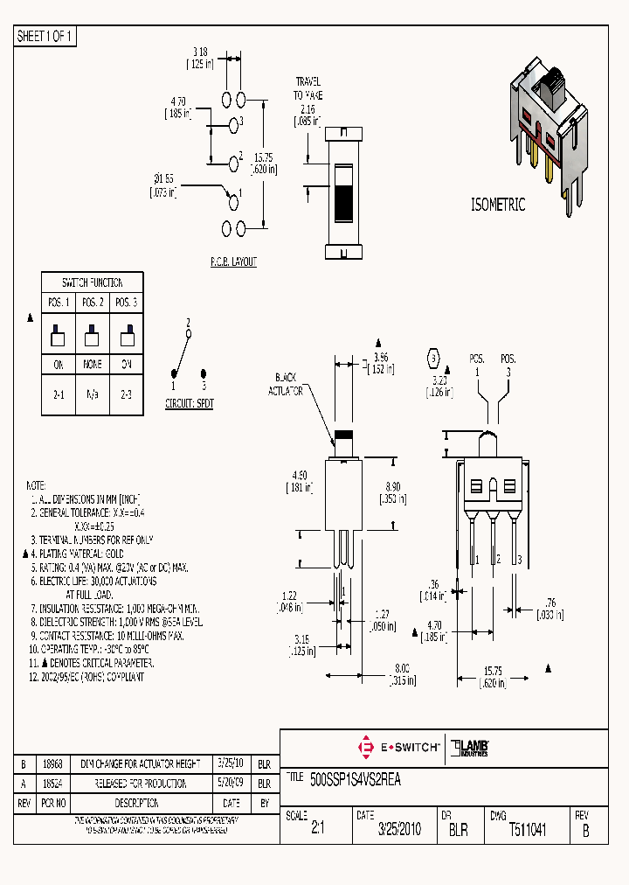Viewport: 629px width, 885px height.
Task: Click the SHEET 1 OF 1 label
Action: click(x=46, y=37)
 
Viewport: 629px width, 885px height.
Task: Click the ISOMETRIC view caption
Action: click(x=498, y=205)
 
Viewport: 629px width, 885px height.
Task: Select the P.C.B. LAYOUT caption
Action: click(x=233, y=261)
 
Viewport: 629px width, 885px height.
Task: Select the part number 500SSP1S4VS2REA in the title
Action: click(x=355, y=779)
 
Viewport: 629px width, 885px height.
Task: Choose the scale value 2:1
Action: click(x=318, y=830)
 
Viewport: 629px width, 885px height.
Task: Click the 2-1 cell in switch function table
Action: click(x=59, y=394)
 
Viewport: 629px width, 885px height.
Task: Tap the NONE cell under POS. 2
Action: click(x=93, y=364)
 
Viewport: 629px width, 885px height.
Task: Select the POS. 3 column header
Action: click(x=126, y=303)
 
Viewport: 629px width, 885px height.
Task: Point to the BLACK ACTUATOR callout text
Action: click(x=286, y=386)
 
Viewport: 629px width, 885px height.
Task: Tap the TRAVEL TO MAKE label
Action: click(x=308, y=87)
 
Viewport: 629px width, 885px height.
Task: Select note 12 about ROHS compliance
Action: click(x=86, y=677)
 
